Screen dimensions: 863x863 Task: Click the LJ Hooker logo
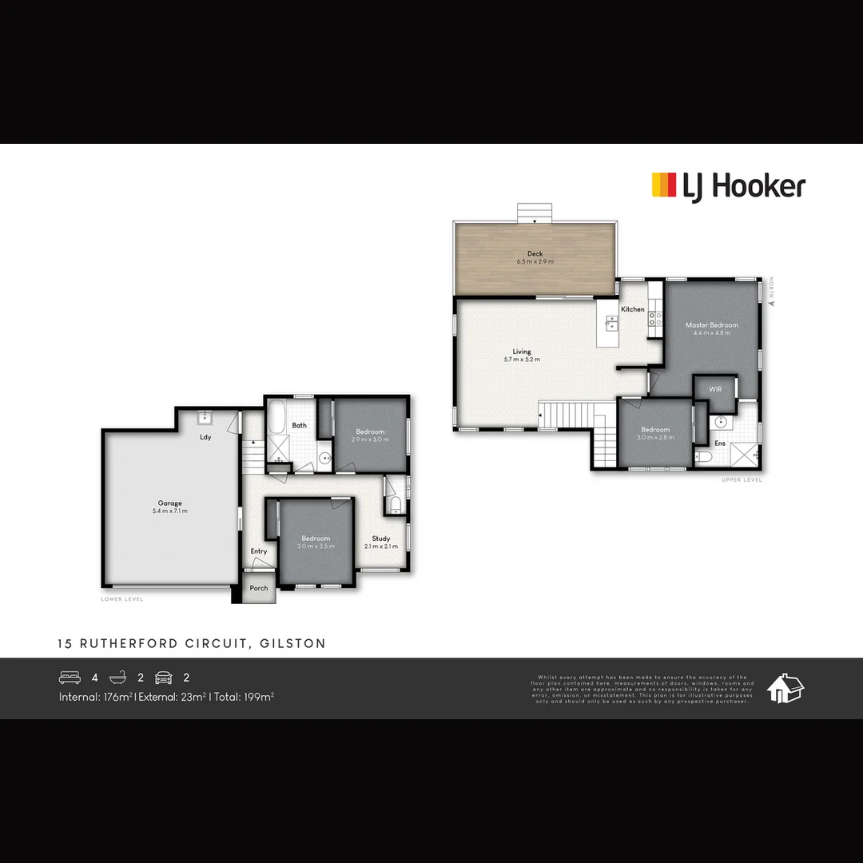click(728, 186)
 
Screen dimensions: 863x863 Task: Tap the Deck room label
click(535, 254)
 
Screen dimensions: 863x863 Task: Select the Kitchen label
click(633, 309)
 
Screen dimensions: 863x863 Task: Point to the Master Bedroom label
click(711, 325)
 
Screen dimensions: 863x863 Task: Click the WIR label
click(714, 389)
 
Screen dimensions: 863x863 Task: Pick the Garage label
click(169, 503)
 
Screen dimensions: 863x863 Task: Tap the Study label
click(380, 539)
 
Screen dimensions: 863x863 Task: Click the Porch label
click(259, 588)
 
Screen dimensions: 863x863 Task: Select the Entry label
click(259, 551)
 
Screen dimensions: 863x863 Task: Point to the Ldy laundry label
click(205, 437)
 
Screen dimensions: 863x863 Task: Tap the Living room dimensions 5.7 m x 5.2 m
click(522, 360)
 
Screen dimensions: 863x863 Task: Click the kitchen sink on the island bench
click(611, 324)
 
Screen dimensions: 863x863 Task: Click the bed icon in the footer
click(70, 678)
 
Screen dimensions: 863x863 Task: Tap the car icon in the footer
click(163, 678)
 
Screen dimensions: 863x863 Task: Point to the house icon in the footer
click(785, 688)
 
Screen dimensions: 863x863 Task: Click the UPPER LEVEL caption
click(742, 479)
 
